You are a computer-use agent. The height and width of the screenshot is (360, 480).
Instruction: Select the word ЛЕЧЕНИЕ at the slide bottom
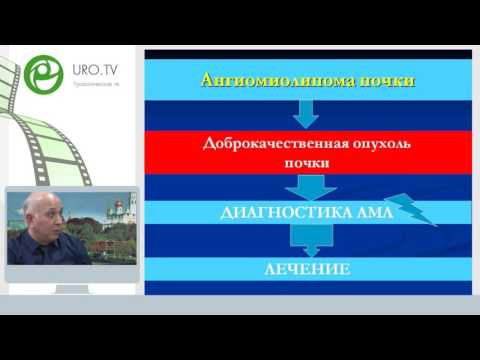[x=306, y=269]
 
